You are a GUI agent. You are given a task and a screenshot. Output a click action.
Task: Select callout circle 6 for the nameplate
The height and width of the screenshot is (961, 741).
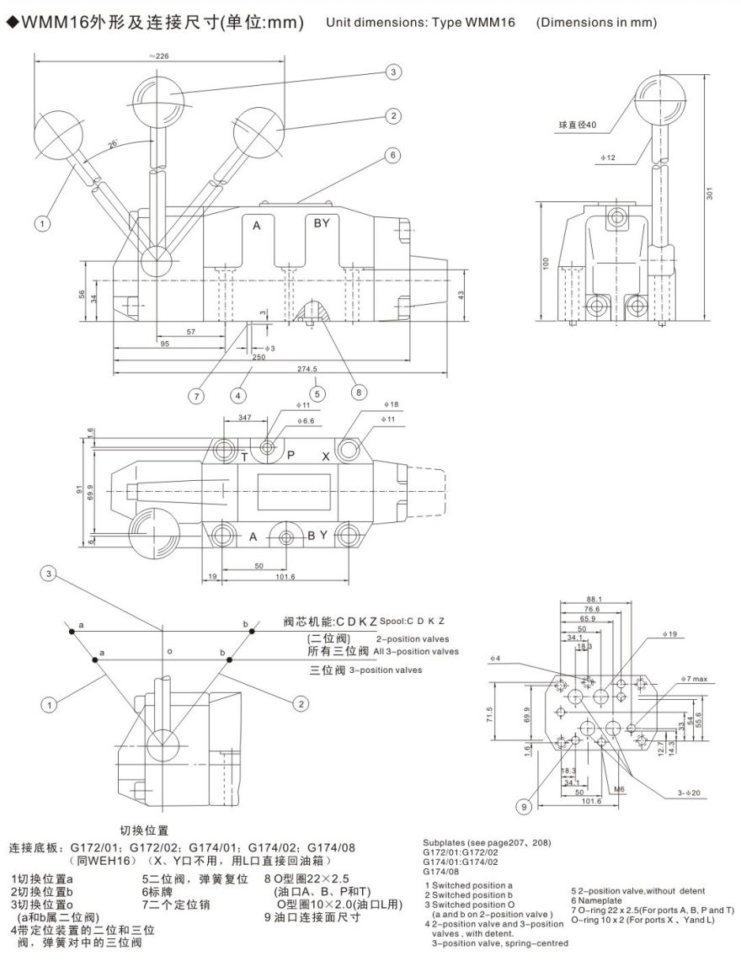[x=392, y=155]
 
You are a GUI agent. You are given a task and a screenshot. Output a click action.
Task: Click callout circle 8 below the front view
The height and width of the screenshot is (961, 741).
[x=358, y=391]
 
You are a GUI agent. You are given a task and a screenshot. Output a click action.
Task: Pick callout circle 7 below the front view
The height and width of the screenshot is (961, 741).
[x=195, y=394]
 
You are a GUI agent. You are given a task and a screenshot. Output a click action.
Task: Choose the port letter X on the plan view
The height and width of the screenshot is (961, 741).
[x=326, y=456]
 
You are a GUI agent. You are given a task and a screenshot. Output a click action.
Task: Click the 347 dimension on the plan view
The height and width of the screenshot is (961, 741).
[x=248, y=417]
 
